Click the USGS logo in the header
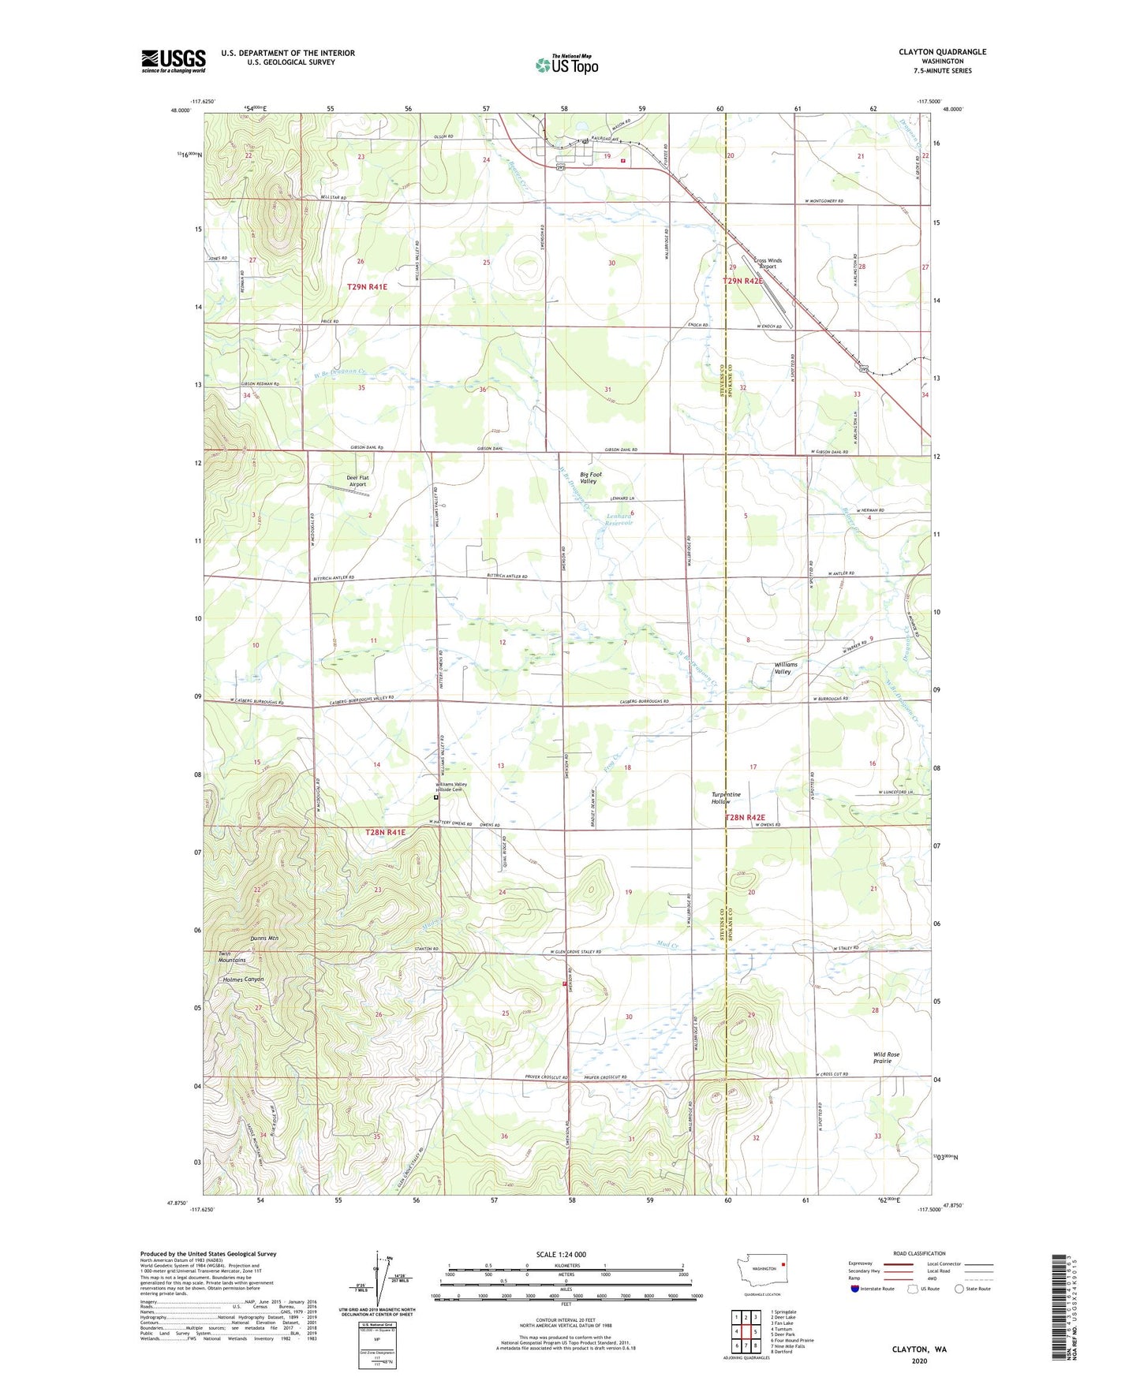coord(174,61)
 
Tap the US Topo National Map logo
coord(566,65)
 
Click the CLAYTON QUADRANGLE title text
coord(942,52)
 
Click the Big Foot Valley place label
coord(590,478)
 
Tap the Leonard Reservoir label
coord(619,519)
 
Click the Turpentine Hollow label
coord(726,798)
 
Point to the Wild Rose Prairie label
coord(886,1058)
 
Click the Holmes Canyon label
coord(243,980)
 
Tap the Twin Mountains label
coord(232,957)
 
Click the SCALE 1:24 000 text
coord(561,1255)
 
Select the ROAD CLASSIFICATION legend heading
coord(919,1253)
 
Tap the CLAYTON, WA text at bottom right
coord(919,1349)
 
